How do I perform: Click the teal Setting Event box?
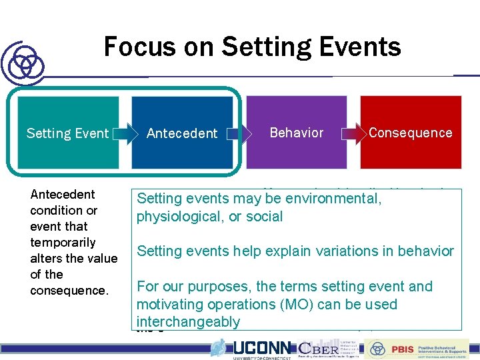click(67, 133)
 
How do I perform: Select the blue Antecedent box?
click(182, 133)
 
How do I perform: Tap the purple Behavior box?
click(297, 132)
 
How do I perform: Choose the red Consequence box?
click(410, 132)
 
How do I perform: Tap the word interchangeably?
click(188, 322)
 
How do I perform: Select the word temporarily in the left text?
click(63, 242)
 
